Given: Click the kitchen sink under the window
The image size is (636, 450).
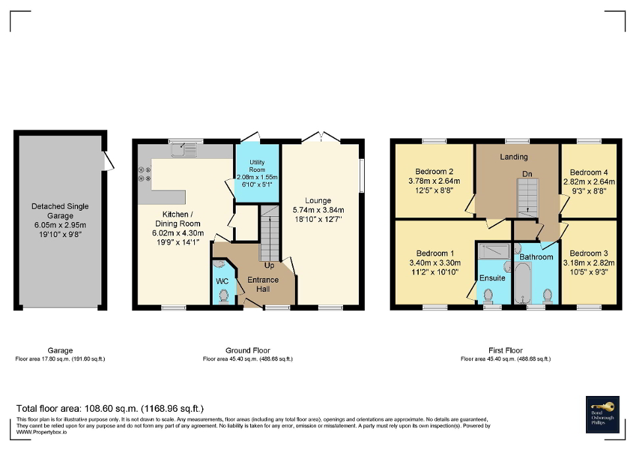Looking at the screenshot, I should click(185, 151).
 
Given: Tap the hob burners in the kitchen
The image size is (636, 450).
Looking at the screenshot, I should click(144, 174).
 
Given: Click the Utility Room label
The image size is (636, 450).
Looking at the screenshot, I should click(257, 166).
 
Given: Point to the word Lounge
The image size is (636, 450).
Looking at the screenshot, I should click(318, 200).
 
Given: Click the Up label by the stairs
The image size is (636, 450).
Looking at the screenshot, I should click(269, 266).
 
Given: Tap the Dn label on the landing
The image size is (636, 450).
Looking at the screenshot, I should click(527, 174).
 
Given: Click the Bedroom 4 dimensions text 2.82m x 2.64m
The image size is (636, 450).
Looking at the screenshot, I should click(589, 182).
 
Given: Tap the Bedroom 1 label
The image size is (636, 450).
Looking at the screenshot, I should click(435, 254).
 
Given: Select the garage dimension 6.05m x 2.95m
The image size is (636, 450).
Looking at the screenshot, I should click(60, 224).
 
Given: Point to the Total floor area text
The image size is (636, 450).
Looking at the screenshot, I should click(110, 408).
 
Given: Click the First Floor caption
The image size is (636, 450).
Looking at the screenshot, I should click(506, 351).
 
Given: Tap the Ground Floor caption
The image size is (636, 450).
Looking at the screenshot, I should click(248, 351).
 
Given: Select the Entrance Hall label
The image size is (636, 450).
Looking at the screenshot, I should click(263, 284).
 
